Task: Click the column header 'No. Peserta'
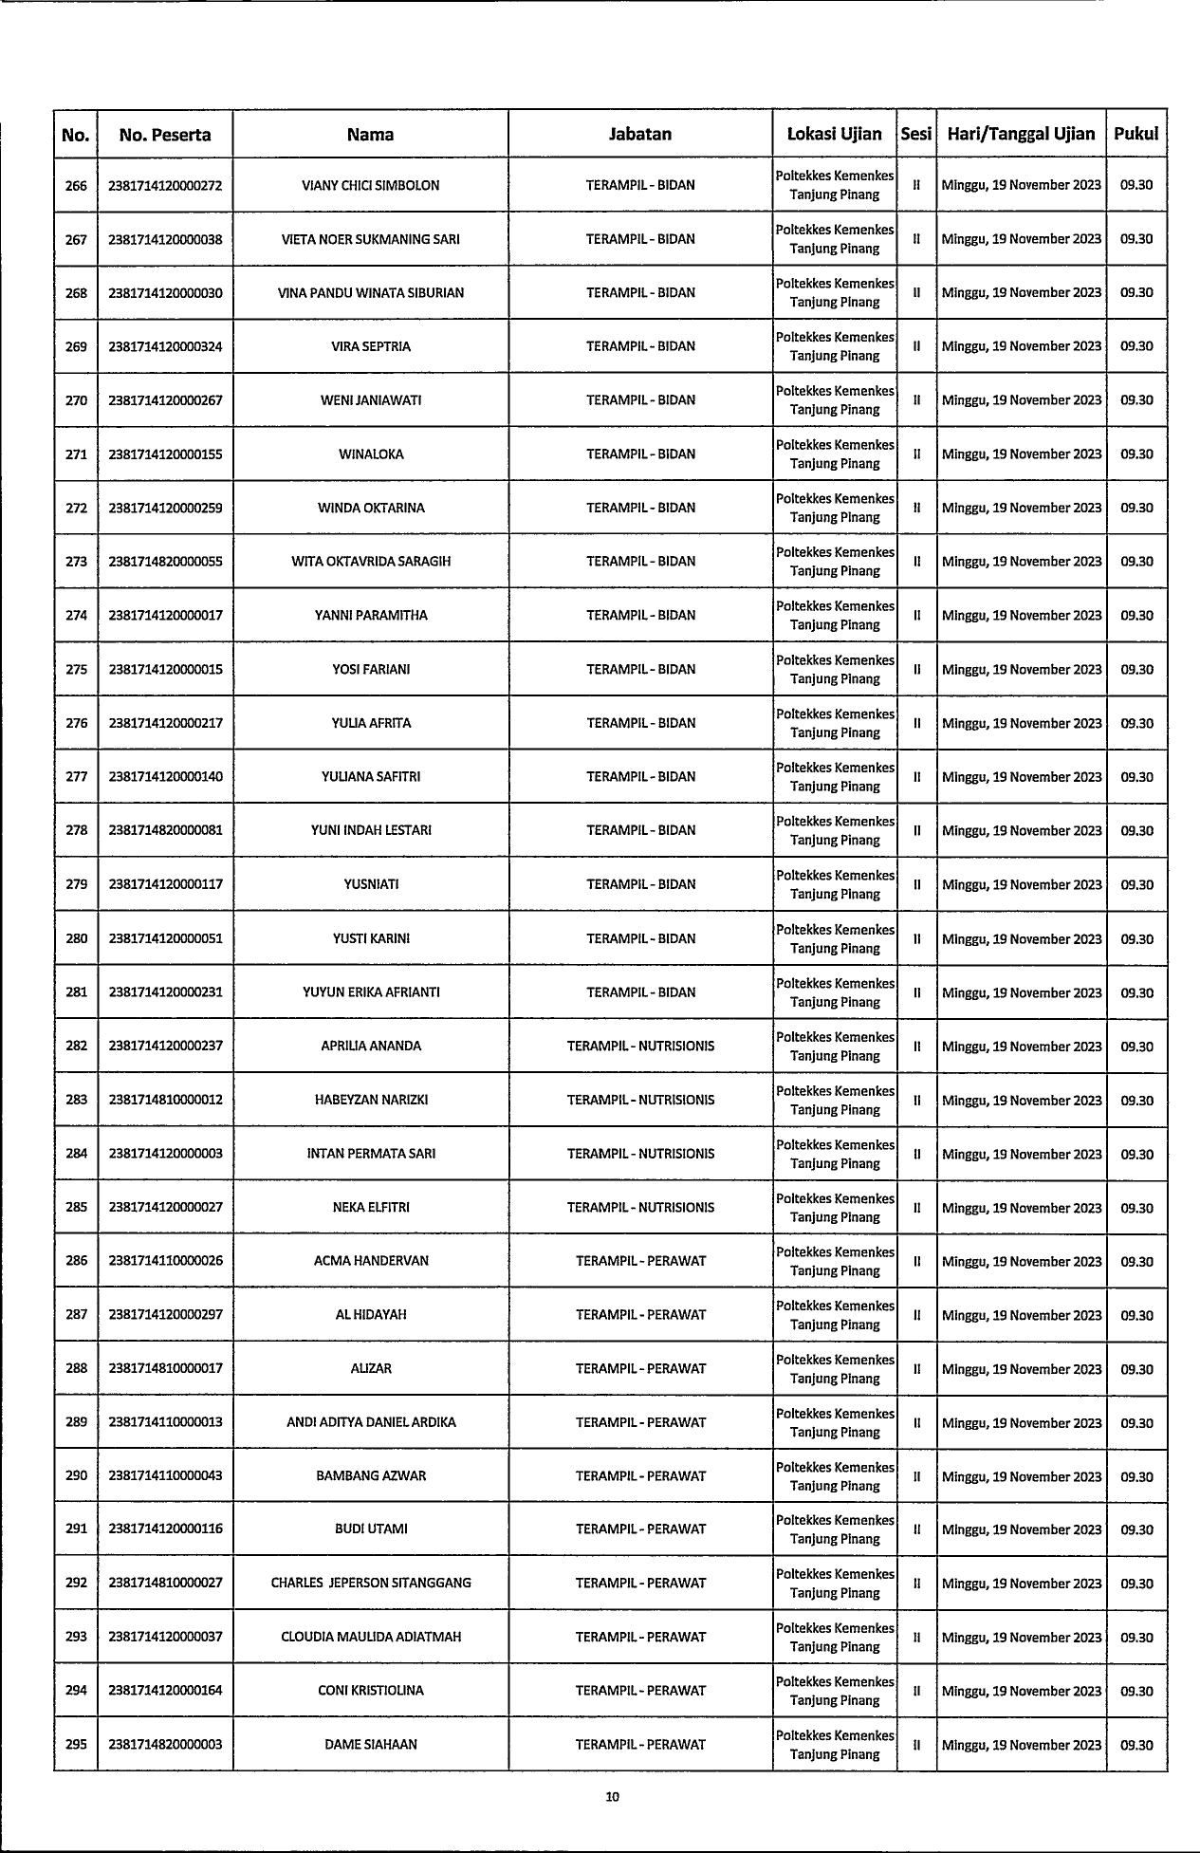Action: point(165,135)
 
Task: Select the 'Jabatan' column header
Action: point(640,135)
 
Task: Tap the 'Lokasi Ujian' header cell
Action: point(835,135)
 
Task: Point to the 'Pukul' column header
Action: point(1136,135)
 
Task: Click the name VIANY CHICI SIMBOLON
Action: point(371,186)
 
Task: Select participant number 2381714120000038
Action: point(165,240)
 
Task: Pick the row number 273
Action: point(76,562)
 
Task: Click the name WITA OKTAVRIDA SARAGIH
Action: point(371,562)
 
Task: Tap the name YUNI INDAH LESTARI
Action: point(371,830)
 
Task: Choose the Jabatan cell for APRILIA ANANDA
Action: point(640,1046)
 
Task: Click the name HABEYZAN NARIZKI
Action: point(371,1100)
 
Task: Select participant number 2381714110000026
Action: point(165,1261)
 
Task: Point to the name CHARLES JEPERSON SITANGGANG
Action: point(371,1583)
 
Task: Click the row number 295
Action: point(76,1744)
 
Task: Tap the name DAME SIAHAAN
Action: point(371,1744)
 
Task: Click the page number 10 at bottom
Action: point(613,1796)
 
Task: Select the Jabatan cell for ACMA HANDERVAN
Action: point(640,1261)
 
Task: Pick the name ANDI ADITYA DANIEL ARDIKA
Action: point(371,1422)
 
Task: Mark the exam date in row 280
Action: point(1022,939)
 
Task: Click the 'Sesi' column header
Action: point(916,135)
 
